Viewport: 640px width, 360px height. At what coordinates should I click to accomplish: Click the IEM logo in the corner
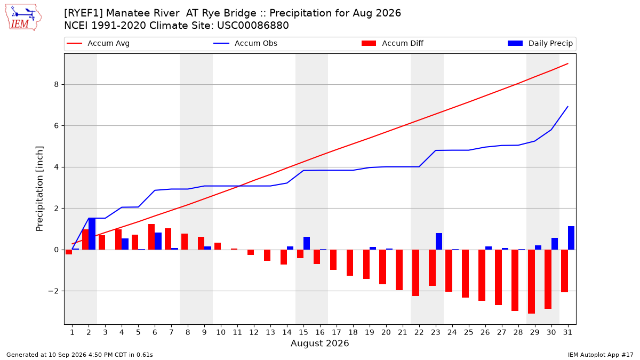23,18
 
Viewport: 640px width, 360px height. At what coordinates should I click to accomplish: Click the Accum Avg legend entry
98,43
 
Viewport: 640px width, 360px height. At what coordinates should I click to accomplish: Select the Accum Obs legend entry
245,43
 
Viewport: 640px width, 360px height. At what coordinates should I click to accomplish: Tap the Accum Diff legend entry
393,43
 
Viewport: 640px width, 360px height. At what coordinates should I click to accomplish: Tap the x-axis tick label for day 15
303,332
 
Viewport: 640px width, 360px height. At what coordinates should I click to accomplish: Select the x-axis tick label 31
567,332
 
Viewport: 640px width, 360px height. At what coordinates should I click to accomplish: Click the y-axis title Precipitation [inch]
39,189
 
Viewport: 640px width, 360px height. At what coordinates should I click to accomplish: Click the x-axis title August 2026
319,343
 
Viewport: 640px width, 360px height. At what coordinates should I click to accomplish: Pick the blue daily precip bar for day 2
92,234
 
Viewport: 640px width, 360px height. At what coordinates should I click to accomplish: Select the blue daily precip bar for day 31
571,238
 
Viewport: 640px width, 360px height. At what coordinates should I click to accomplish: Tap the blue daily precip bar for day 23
439,242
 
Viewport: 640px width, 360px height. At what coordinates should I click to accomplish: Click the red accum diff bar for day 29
531,282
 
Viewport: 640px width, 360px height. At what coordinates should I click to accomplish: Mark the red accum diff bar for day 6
151,237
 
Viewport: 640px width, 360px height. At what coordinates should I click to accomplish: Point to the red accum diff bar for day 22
415,273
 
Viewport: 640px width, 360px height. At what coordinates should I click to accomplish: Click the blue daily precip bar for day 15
307,243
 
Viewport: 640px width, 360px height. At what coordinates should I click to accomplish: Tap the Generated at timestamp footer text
79,355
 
